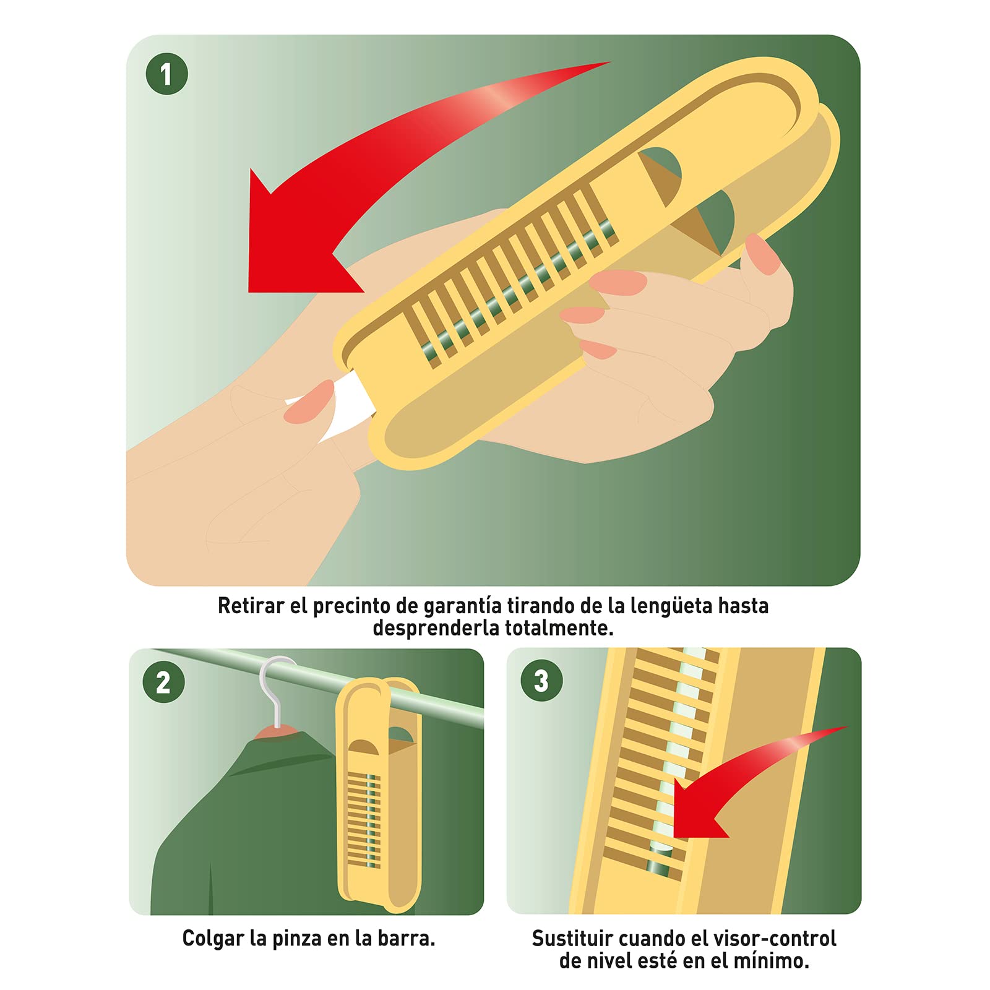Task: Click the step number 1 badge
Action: [166, 74]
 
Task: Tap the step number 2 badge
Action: [163, 682]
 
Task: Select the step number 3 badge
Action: [541, 681]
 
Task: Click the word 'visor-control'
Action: [775, 938]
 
